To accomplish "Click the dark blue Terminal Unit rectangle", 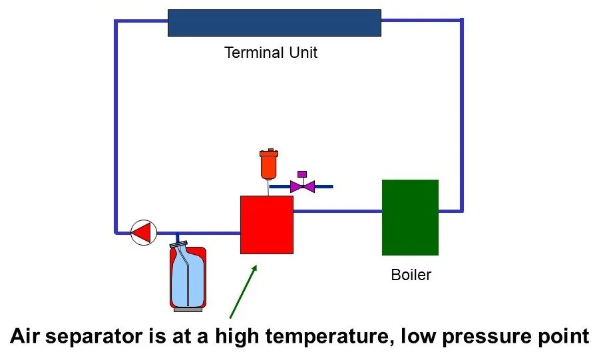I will coord(274,22).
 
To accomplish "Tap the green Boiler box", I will coord(410,217).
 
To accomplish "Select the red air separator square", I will coord(266,224).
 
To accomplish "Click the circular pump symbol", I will coord(142,232).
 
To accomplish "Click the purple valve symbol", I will coord(302,186).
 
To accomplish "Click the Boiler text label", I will coord(411,274).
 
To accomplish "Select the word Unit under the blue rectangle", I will coord(302,53).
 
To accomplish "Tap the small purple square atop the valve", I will coord(302,174).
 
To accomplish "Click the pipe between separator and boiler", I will coord(337,211).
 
